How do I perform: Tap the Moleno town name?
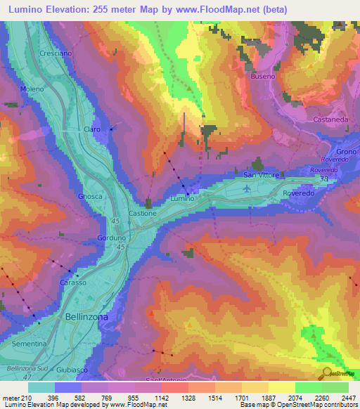pyautogui.click(x=32, y=89)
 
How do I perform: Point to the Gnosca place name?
pyautogui.click(x=91, y=197)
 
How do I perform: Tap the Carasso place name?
pyautogui.click(x=73, y=282)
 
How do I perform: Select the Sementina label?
pyautogui.click(x=29, y=344)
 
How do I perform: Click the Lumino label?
pyautogui.click(x=181, y=200)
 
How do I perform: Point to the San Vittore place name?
pyautogui.click(x=262, y=174)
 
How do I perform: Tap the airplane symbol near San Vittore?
pyautogui.click(x=245, y=188)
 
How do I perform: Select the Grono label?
pyautogui.click(x=347, y=152)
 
